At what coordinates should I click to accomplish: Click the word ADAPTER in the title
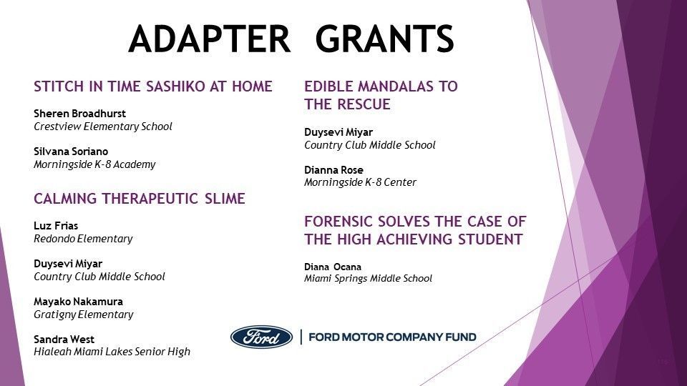[x=210, y=39]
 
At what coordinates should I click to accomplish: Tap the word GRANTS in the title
[x=385, y=39]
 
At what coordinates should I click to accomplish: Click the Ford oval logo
[x=262, y=337]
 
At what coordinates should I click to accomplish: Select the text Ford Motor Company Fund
[x=393, y=337]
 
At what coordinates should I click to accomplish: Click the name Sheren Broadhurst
[x=79, y=114]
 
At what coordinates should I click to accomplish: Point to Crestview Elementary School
[x=103, y=127]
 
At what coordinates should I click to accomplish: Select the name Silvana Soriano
[x=71, y=152]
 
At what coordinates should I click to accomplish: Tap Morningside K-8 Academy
[x=94, y=164]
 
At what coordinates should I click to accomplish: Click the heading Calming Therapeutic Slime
[x=140, y=199]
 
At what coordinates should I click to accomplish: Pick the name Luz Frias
[x=56, y=226]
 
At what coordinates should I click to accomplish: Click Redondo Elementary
[x=83, y=239]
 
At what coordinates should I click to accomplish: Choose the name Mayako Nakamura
[x=79, y=302]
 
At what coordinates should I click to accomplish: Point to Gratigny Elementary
[x=84, y=315]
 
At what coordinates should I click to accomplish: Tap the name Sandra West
[x=64, y=339]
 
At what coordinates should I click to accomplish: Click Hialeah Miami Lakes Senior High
[x=112, y=352]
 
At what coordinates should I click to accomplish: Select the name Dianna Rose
[x=334, y=170]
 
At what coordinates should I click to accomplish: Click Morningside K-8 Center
[x=360, y=182]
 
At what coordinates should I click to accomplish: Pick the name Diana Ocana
[x=333, y=267]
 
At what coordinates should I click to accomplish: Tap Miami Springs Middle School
[x=369, y=279]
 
